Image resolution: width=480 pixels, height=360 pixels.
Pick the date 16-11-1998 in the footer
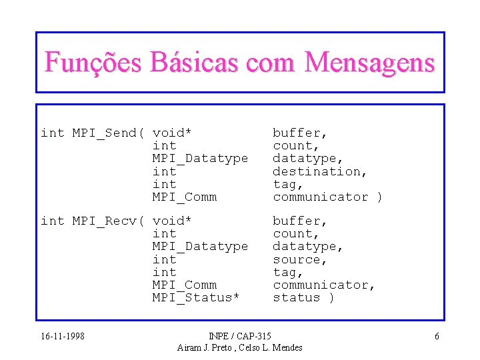(x=63, y=336)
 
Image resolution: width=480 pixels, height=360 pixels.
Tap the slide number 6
(x=437, y=336)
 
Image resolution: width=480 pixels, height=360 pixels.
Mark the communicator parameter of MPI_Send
(x=320, y=197)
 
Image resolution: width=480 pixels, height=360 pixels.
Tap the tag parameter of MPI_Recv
(x=288, y=272)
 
